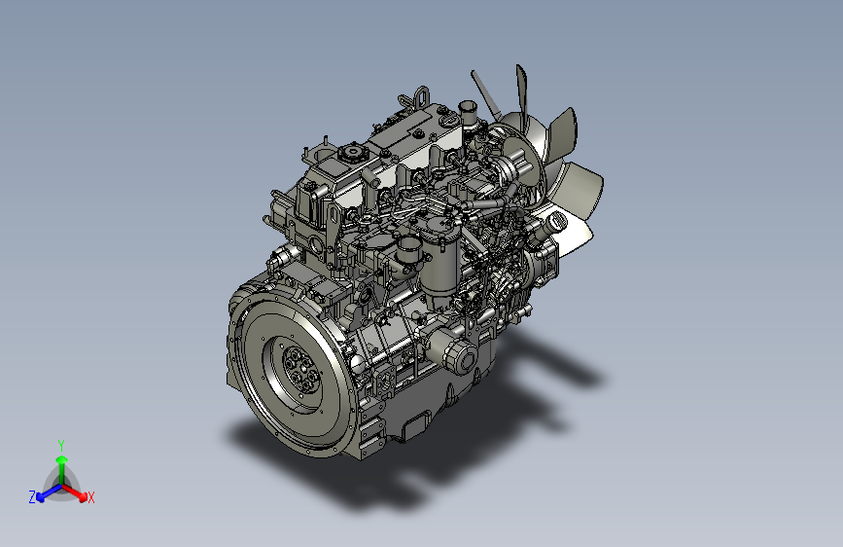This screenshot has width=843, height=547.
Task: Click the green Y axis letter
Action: [61, 446]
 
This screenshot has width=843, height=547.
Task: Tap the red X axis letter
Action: [90, 497]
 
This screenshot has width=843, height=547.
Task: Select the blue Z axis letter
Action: [32, 497]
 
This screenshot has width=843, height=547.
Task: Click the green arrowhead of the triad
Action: [62, 460]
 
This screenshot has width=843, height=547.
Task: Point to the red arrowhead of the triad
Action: [83, 496]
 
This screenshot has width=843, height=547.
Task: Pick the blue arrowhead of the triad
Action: [40, 497]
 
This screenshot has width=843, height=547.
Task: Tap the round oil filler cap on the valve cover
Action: [353, 152]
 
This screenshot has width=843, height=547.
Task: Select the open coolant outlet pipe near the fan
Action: [467, 112]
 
